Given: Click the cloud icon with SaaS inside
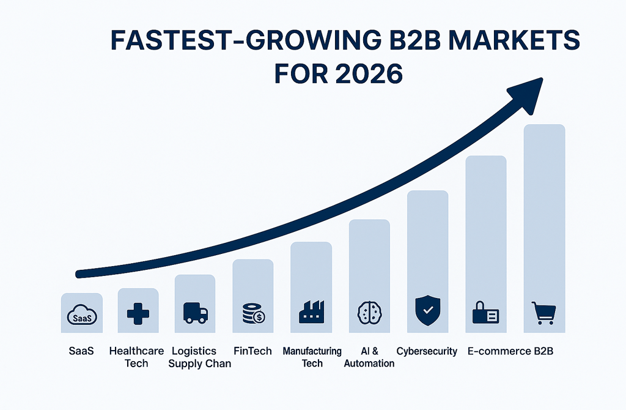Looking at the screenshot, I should pyautogui.click(x=81, y=316).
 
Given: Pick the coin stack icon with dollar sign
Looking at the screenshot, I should pyautogui.click(x=253, y=314).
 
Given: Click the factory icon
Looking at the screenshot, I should pyautogui.click(x=311, y=313).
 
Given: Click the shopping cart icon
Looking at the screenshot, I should pyautogui.click(x=543, y=313).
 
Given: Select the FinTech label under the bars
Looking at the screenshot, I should pyautogui.click(x=252, y=351).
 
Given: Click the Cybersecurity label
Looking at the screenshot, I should pyautogui.click(x=427, y=351).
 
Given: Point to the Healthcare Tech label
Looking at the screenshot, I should pyautogui.click(x=136, y=357).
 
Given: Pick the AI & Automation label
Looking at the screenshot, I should pyautogui.click(x=369, y=357).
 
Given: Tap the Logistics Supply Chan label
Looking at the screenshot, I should pyautogui.click(x=200, y=357).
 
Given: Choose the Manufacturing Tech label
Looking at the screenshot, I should pyautogui.click(x=312, y=357).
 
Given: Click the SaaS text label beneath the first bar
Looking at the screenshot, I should pyautogui.click(x=81, y=351).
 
